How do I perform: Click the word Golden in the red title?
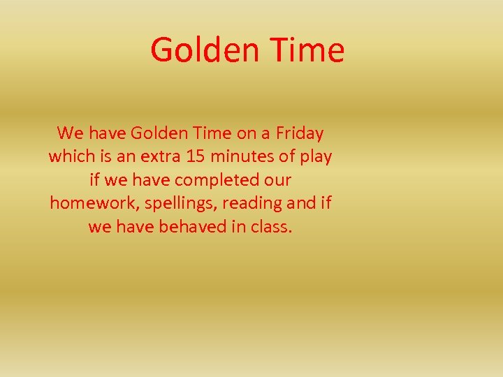tap(203, 50)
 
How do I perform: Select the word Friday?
tap(300, 133)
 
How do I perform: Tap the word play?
tap(316, 156)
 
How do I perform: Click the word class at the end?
tap(269, 227)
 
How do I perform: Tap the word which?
tap(70, 156)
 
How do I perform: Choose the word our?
tap(277, 180)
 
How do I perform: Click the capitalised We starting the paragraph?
tap(70, 133)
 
